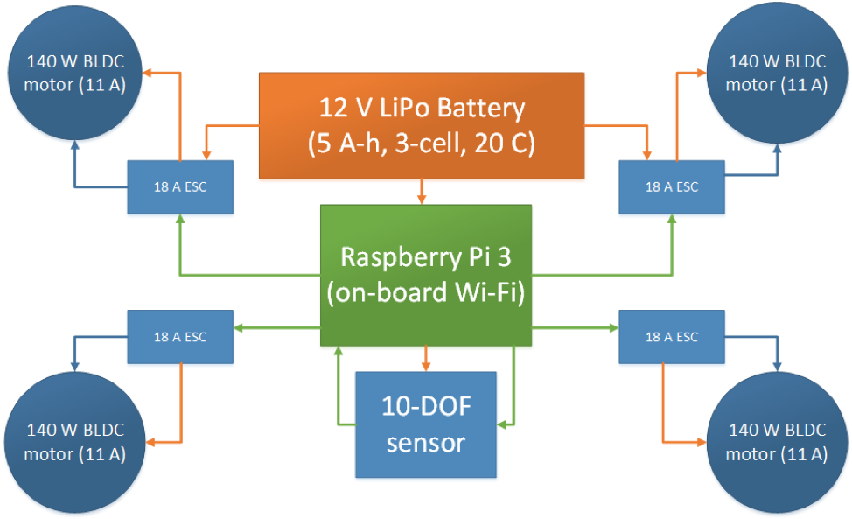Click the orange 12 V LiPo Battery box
421,125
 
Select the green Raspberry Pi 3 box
426,276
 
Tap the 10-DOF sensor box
425,424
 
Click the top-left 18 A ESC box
180,186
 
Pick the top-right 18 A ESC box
671,186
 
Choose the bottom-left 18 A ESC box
180,337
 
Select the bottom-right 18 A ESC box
671,337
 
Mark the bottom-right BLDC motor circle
776,442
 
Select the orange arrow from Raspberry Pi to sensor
425,358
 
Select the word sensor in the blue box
425,442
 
